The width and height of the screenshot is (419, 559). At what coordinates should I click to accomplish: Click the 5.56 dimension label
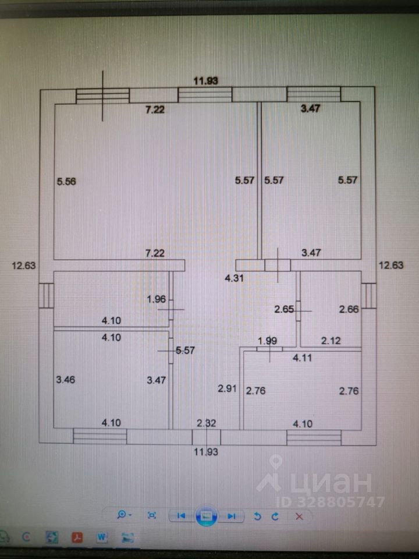[x=66, y=181]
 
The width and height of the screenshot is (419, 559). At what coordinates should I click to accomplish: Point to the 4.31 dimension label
[x=235, y=278]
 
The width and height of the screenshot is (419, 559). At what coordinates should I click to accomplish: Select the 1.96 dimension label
[x=157, y=300]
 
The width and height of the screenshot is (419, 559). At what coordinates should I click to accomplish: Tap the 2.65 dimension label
[x=284, y=309]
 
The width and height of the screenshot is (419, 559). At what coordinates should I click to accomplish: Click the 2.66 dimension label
[x=349, y=309]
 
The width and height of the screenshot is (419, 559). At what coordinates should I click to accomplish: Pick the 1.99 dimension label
[x=267, y=341]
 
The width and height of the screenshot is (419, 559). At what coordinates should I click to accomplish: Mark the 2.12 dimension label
[x=332, y=341]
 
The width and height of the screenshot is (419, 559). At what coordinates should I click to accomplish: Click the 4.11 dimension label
[x=302, y=358]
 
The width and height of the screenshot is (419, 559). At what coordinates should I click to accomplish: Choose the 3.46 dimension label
[x=65, y=380]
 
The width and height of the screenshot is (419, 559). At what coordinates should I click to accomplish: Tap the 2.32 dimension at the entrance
[x=207, y=423]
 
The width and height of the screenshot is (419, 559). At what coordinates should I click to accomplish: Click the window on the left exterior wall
[x=46, y=295]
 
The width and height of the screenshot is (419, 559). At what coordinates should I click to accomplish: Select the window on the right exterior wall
[x=368, y=295]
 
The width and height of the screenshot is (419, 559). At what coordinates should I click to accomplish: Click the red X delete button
[x=299, y=515]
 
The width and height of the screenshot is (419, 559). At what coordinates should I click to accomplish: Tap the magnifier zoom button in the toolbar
[x=123, y=515]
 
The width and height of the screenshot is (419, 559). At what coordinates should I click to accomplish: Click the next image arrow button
[x=232, y=515]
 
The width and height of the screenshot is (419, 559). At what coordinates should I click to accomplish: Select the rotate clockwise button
[x=275, y=515]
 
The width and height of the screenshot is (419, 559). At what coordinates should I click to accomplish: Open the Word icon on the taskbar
[x=102, y=538]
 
